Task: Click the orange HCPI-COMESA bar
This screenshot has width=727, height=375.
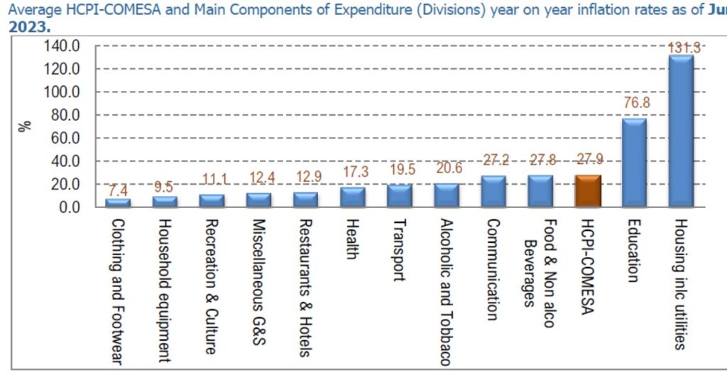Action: [x=587, y=191]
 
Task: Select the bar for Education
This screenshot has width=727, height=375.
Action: [x=634, y=163]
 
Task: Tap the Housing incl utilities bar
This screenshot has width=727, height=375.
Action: [x=681, y=131]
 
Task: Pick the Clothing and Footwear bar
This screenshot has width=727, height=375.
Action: [x=118, y=202]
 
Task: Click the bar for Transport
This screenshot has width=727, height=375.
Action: [x=399, y=195]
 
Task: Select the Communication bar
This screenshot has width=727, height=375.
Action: [x=493, y=191]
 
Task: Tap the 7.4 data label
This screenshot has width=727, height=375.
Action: [x=119, y=190]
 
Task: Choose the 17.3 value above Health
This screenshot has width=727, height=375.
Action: [x=354, y=172]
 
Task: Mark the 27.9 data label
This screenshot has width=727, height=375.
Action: [x=588, y=160]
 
